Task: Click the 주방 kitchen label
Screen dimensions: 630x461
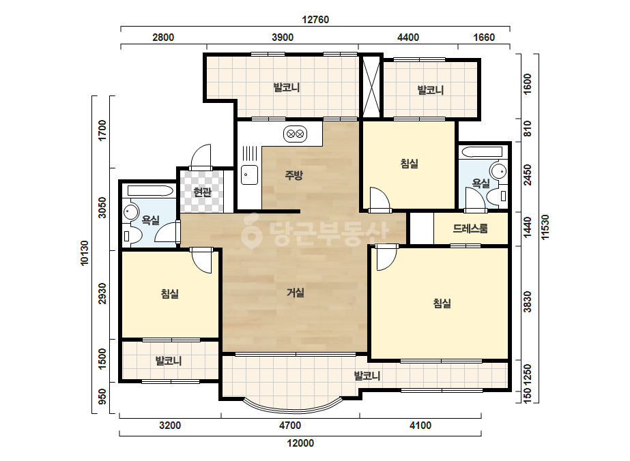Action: [x=293, y=175]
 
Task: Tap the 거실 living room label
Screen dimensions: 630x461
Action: [x=296, y=293]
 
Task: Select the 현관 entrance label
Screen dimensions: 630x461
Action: [x=202, y=192]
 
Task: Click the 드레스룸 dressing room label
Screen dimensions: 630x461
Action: [x=470, y=228]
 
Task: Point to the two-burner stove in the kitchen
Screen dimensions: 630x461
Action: [x=296, y=134]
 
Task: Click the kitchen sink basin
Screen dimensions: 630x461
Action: [x=250, y=175]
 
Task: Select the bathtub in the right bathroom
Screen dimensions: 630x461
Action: [x=482, y=152]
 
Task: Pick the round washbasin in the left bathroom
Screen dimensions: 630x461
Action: [x=130, y=211]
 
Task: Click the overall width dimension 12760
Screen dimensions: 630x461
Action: [x=315, y=20]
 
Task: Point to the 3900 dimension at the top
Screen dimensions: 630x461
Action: [x=283, y=38]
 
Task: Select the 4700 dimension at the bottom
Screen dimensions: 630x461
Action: [x=290, y=426]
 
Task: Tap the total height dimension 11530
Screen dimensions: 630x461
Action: [x=545, y=227]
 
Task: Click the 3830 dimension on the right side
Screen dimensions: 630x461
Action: [x=528, y=302]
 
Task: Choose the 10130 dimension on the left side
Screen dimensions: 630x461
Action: [x=85, y=253]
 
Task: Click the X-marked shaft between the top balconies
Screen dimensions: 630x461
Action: [x=371, y=87]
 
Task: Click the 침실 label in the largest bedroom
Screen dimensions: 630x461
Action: [x=442, y=303]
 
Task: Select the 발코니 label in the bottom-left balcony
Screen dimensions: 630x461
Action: [x=169, y=361]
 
